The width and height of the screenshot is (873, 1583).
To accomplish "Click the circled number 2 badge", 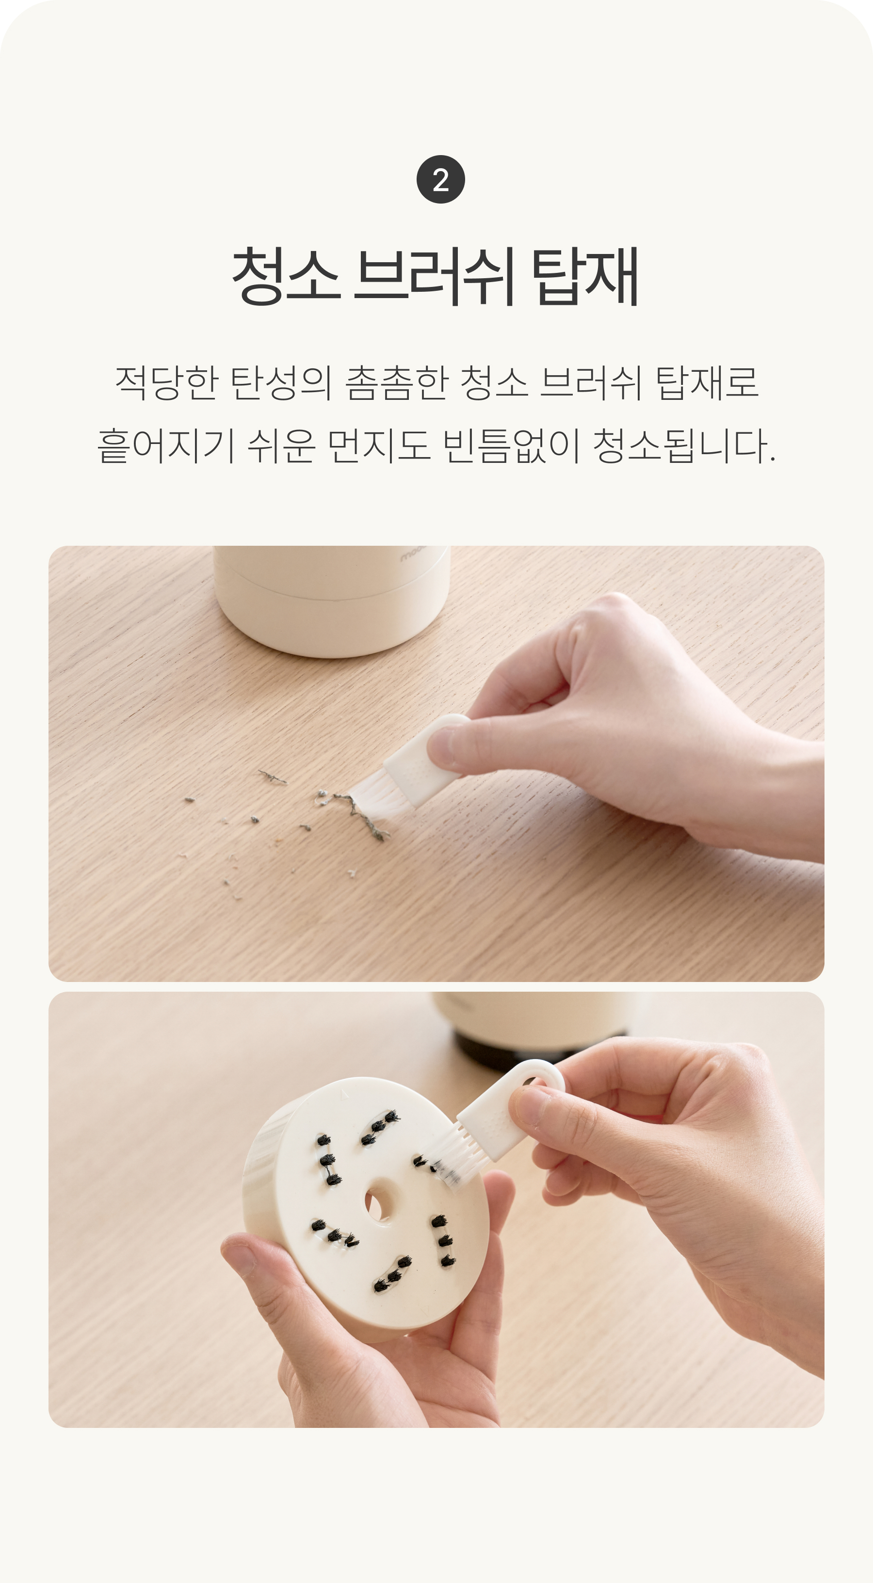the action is pyautogui.click(x=440, y=179).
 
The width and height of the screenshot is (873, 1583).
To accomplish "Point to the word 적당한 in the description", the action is pyautogui.click(x=167, y=382).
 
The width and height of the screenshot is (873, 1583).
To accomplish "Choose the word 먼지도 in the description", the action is pyautogui.click(x=379, y=445).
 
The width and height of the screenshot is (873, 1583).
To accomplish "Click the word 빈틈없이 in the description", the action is pyautogui.click(x=512, y=445).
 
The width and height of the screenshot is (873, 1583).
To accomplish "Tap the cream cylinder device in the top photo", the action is pyautogui.click(x=332, y=599).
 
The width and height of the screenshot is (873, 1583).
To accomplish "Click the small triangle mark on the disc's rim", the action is pyautogui.click(x=345, y=1094).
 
